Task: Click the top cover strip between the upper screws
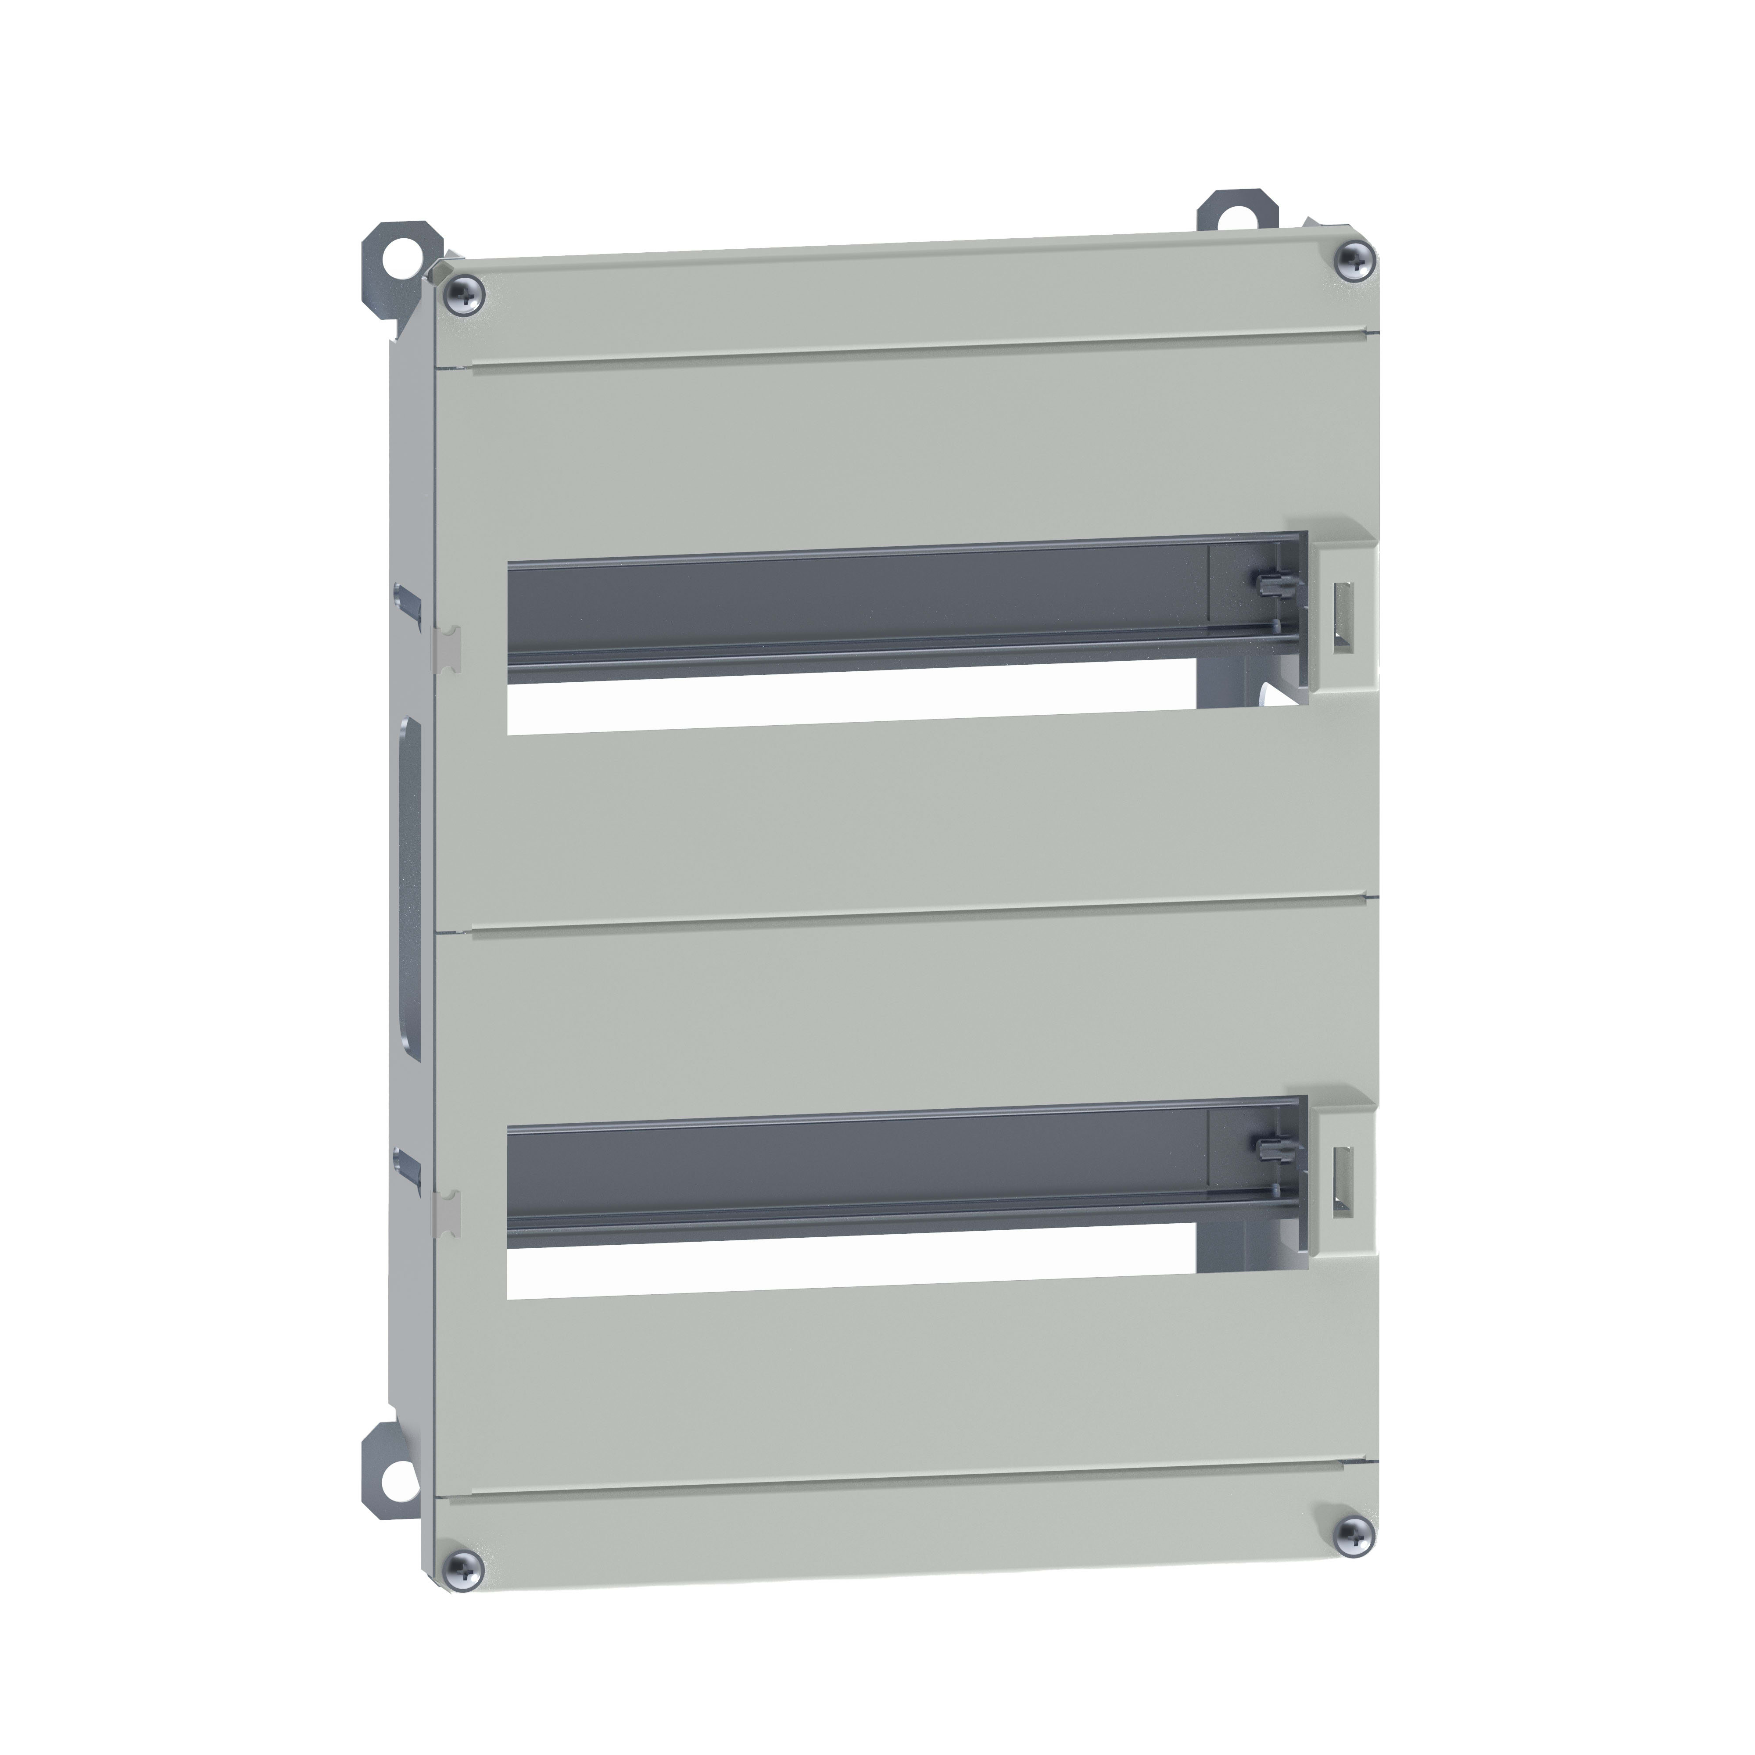[908, 300]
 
